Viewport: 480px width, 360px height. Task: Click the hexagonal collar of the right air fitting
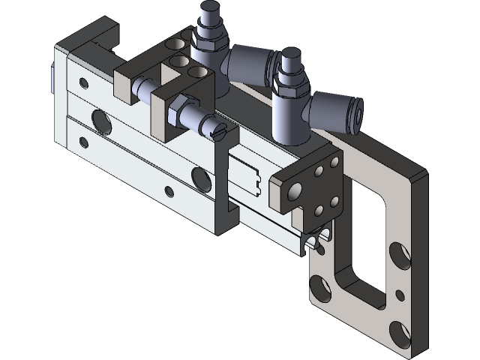click(x=289, y=86)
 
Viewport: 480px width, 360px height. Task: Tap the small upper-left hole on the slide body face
click(x=82, y=80)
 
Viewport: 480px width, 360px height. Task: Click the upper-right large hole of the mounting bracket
click(x=402, y=255)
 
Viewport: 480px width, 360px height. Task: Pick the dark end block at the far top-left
click(x=94, y=37)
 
